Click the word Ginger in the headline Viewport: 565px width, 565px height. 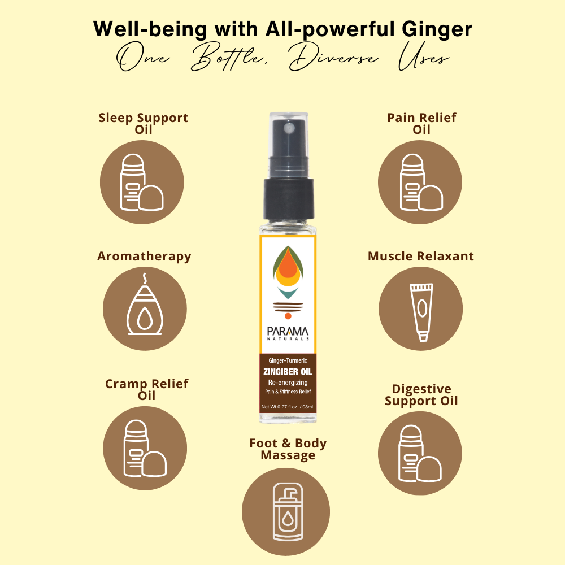[437, 29]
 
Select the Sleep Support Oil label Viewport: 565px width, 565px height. [144, 123]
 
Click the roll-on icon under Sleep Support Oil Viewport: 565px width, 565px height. [142, 182]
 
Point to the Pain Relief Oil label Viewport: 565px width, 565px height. [421, 123]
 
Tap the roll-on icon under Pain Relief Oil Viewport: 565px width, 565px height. [421, 182]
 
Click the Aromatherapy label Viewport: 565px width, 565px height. [144, 257]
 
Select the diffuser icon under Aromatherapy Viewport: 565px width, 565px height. [145, 305]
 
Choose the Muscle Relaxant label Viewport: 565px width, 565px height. [421, 256]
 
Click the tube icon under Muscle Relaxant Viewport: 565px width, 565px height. [421, 312]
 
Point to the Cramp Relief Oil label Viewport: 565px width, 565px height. [147, 389]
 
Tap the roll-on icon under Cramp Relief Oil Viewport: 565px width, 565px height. [145, 448]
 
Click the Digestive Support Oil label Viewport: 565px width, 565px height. [421, 395]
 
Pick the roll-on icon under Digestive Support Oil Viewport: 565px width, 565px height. [420, 453]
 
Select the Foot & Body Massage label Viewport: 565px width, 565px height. [288, 449]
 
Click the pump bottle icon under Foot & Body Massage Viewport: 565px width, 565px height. [288, 512]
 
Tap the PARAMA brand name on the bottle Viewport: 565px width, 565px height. [288, 332]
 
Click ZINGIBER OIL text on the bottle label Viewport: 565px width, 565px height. [288, 372]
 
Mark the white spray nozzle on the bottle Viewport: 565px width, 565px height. [289, 128]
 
